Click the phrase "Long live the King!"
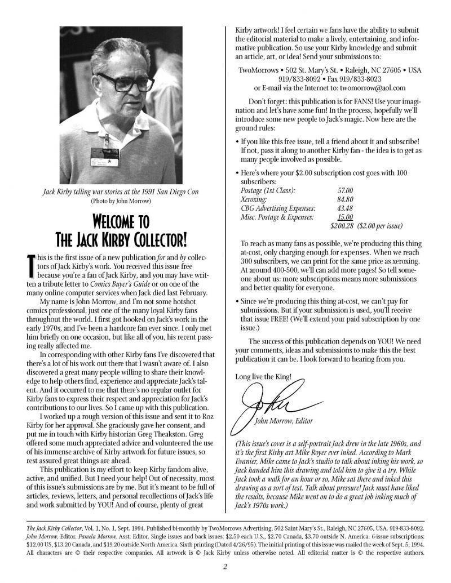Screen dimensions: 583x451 coord(263,376)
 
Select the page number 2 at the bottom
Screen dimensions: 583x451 coord(224,567)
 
